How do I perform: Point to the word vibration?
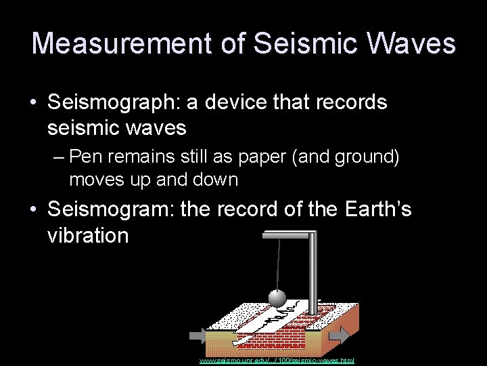pos(88,236)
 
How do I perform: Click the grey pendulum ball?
pos(278,299)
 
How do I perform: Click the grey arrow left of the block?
pos(200,335)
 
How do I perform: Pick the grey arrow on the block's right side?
pos(340,335)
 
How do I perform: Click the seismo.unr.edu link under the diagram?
pos(277,361)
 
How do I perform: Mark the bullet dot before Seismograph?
pos(33,104)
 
